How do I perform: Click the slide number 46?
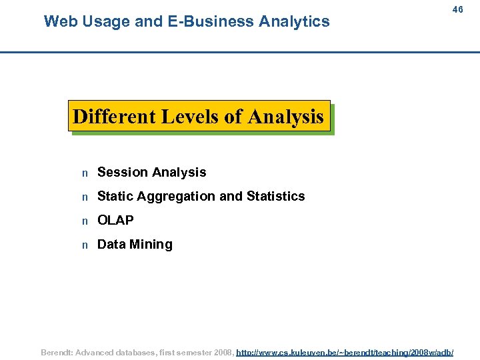(457, 10)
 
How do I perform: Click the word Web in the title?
(59, 21)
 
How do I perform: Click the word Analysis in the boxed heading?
(285, 117)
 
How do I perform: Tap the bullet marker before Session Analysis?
(85, 173)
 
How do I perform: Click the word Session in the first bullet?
(121, 172)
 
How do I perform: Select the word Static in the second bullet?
(114, 196)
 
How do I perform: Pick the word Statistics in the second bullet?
(275, 196)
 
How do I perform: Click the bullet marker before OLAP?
(85, 221)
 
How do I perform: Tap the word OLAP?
(115, 220)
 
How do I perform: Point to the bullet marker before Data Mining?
(85, 245)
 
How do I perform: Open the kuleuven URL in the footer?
(345, 352)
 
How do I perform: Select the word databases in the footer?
(130, 352)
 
